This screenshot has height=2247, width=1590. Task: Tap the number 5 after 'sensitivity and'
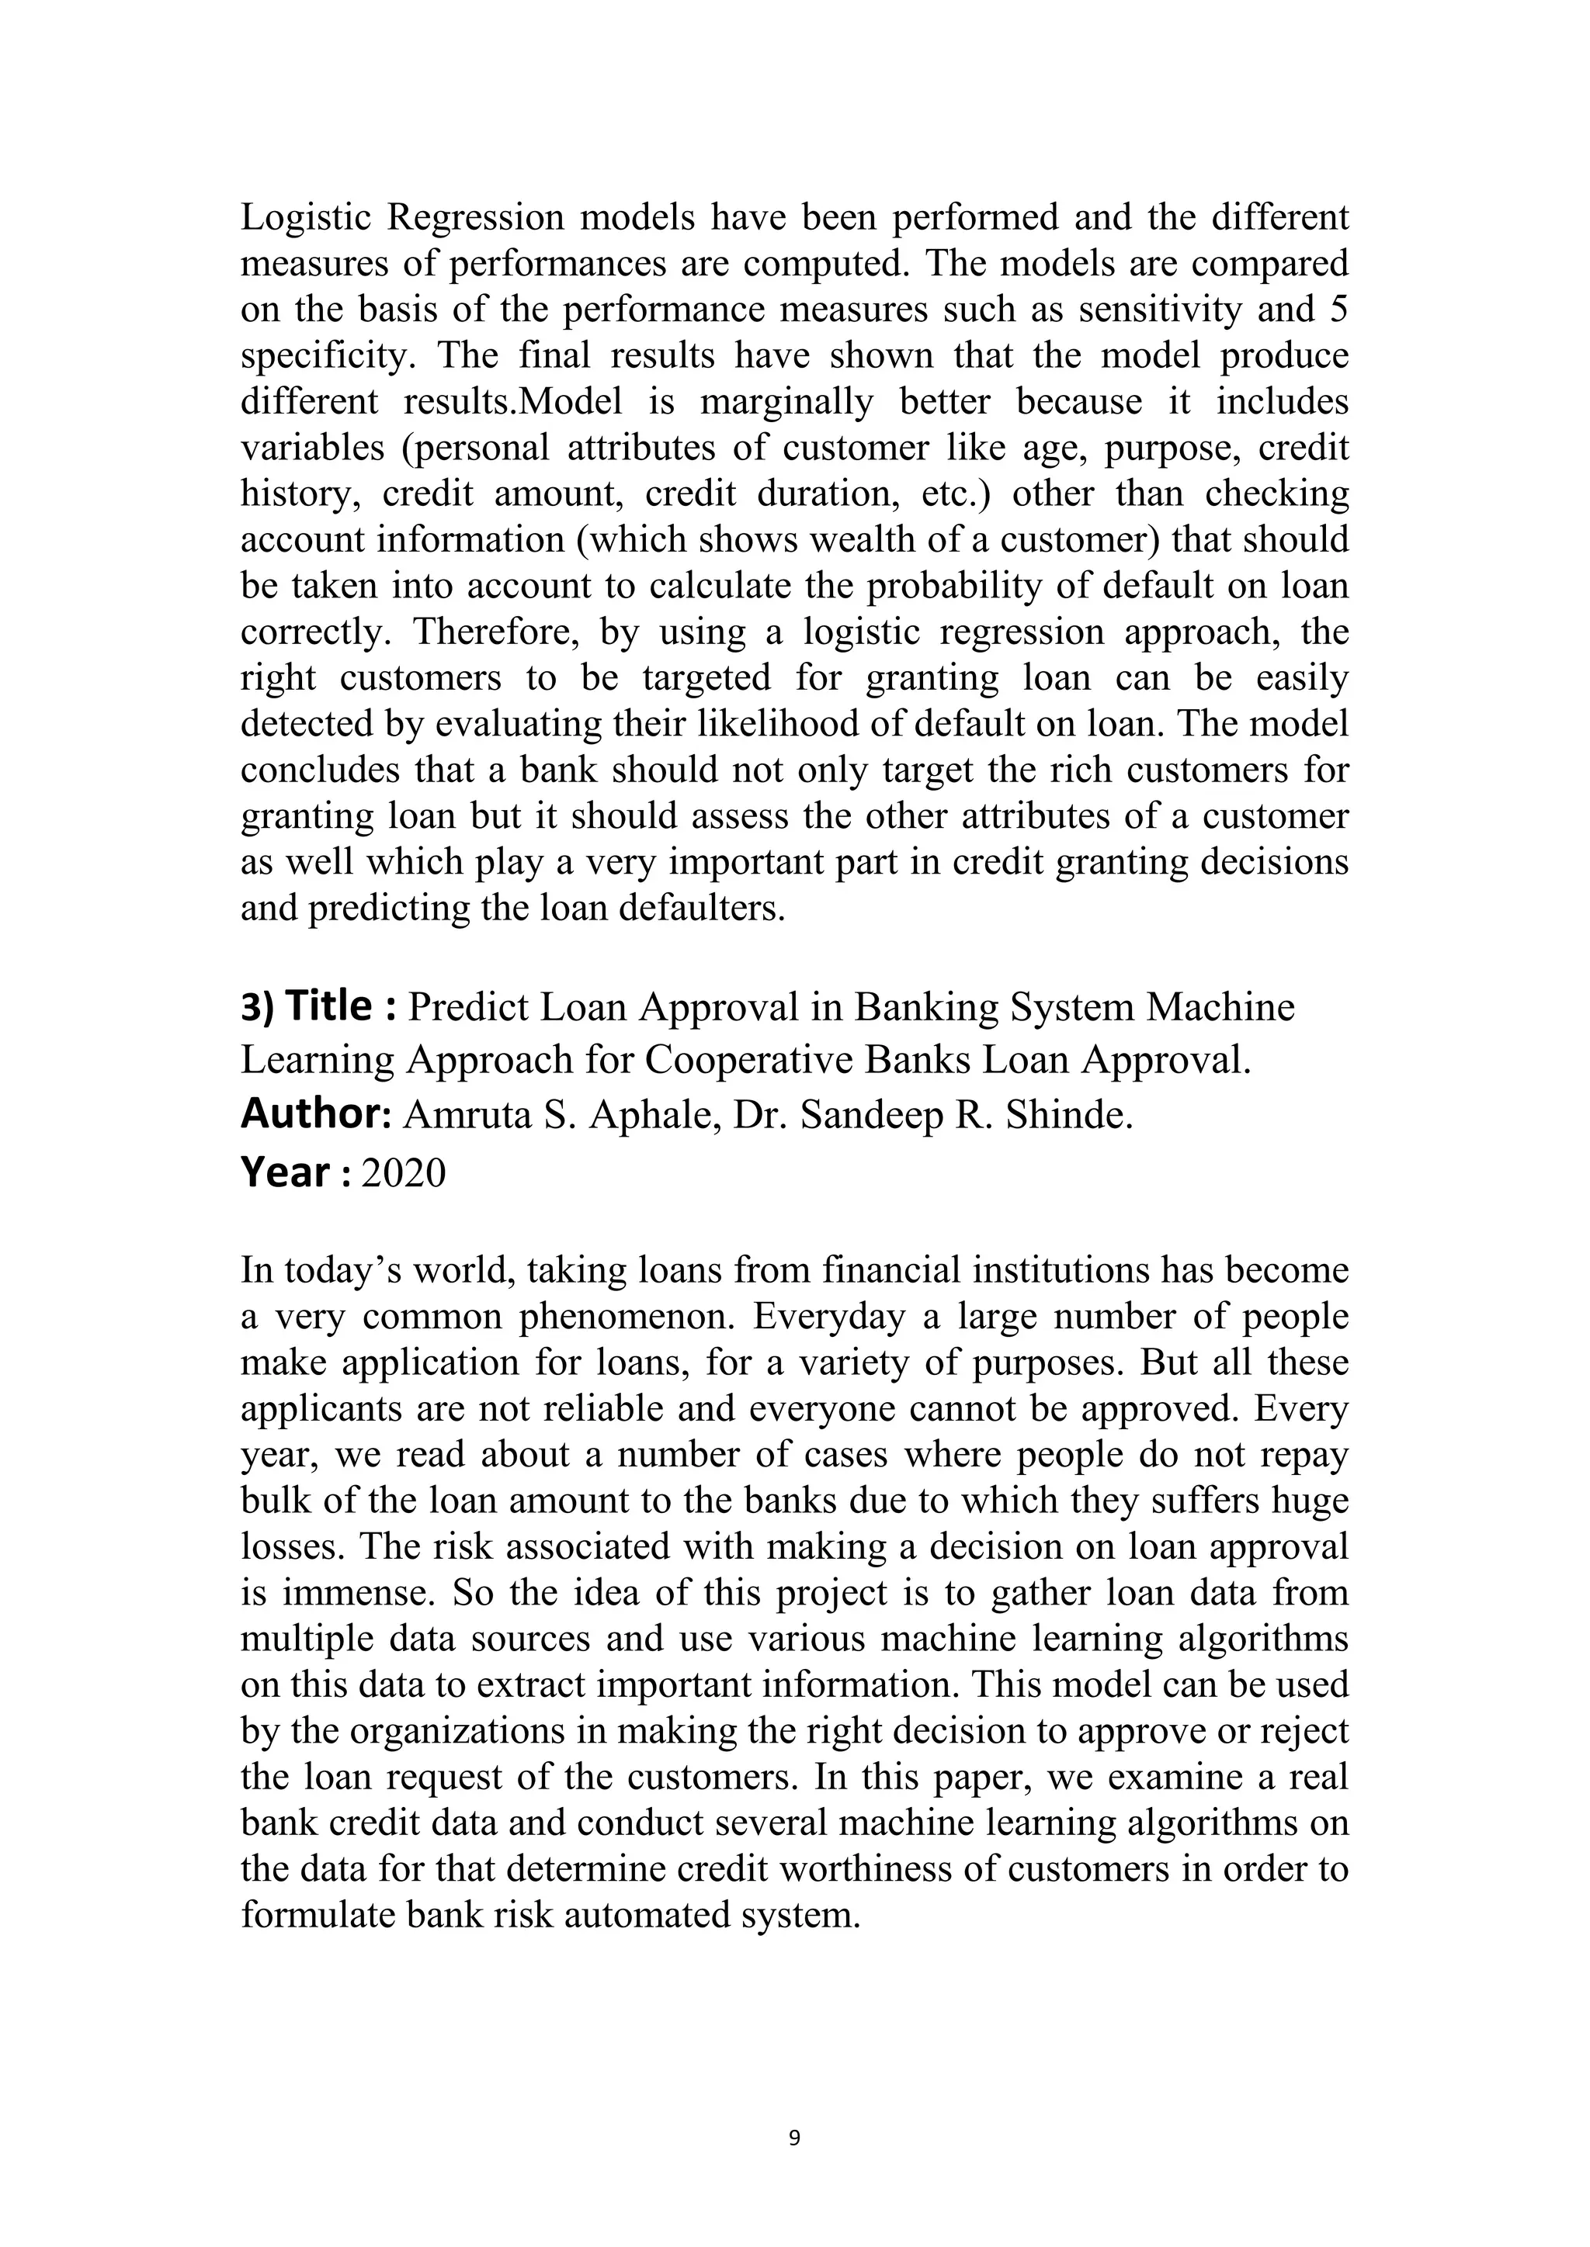1338,310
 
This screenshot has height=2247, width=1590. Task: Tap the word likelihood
775,723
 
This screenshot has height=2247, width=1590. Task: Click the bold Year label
285,1172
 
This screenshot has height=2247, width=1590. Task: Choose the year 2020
404,1173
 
